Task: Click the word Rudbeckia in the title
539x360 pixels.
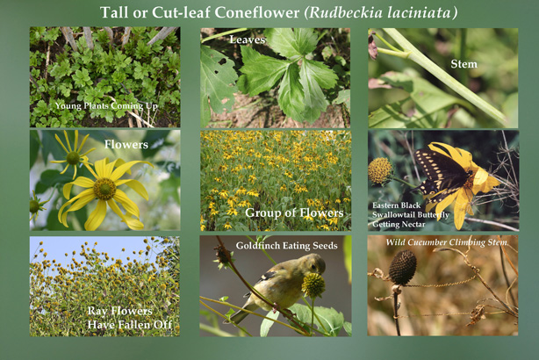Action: click(345, 12)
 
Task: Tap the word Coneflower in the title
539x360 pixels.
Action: click(257, 12)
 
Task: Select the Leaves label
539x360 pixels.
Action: click(248, 40)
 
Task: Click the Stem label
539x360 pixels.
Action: click(464, 64)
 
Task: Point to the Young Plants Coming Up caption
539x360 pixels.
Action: click(106, 106)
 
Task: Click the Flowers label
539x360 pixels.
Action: click(126, 144)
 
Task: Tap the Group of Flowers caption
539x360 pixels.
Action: click(294, 212)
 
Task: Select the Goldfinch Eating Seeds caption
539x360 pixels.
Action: click(287, 246)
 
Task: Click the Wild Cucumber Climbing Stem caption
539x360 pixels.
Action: click(446, 242)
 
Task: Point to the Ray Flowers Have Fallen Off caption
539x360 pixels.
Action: click(130, 318)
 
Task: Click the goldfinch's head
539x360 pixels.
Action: click(314, 263)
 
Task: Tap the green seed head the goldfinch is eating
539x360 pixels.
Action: click(313, 285)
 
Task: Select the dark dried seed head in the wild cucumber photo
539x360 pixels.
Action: click(403, 267)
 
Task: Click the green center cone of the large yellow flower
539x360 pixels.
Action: click(104, 189)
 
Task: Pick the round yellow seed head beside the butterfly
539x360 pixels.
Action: click(380, 170)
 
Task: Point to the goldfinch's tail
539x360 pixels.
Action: click(237, 316)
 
